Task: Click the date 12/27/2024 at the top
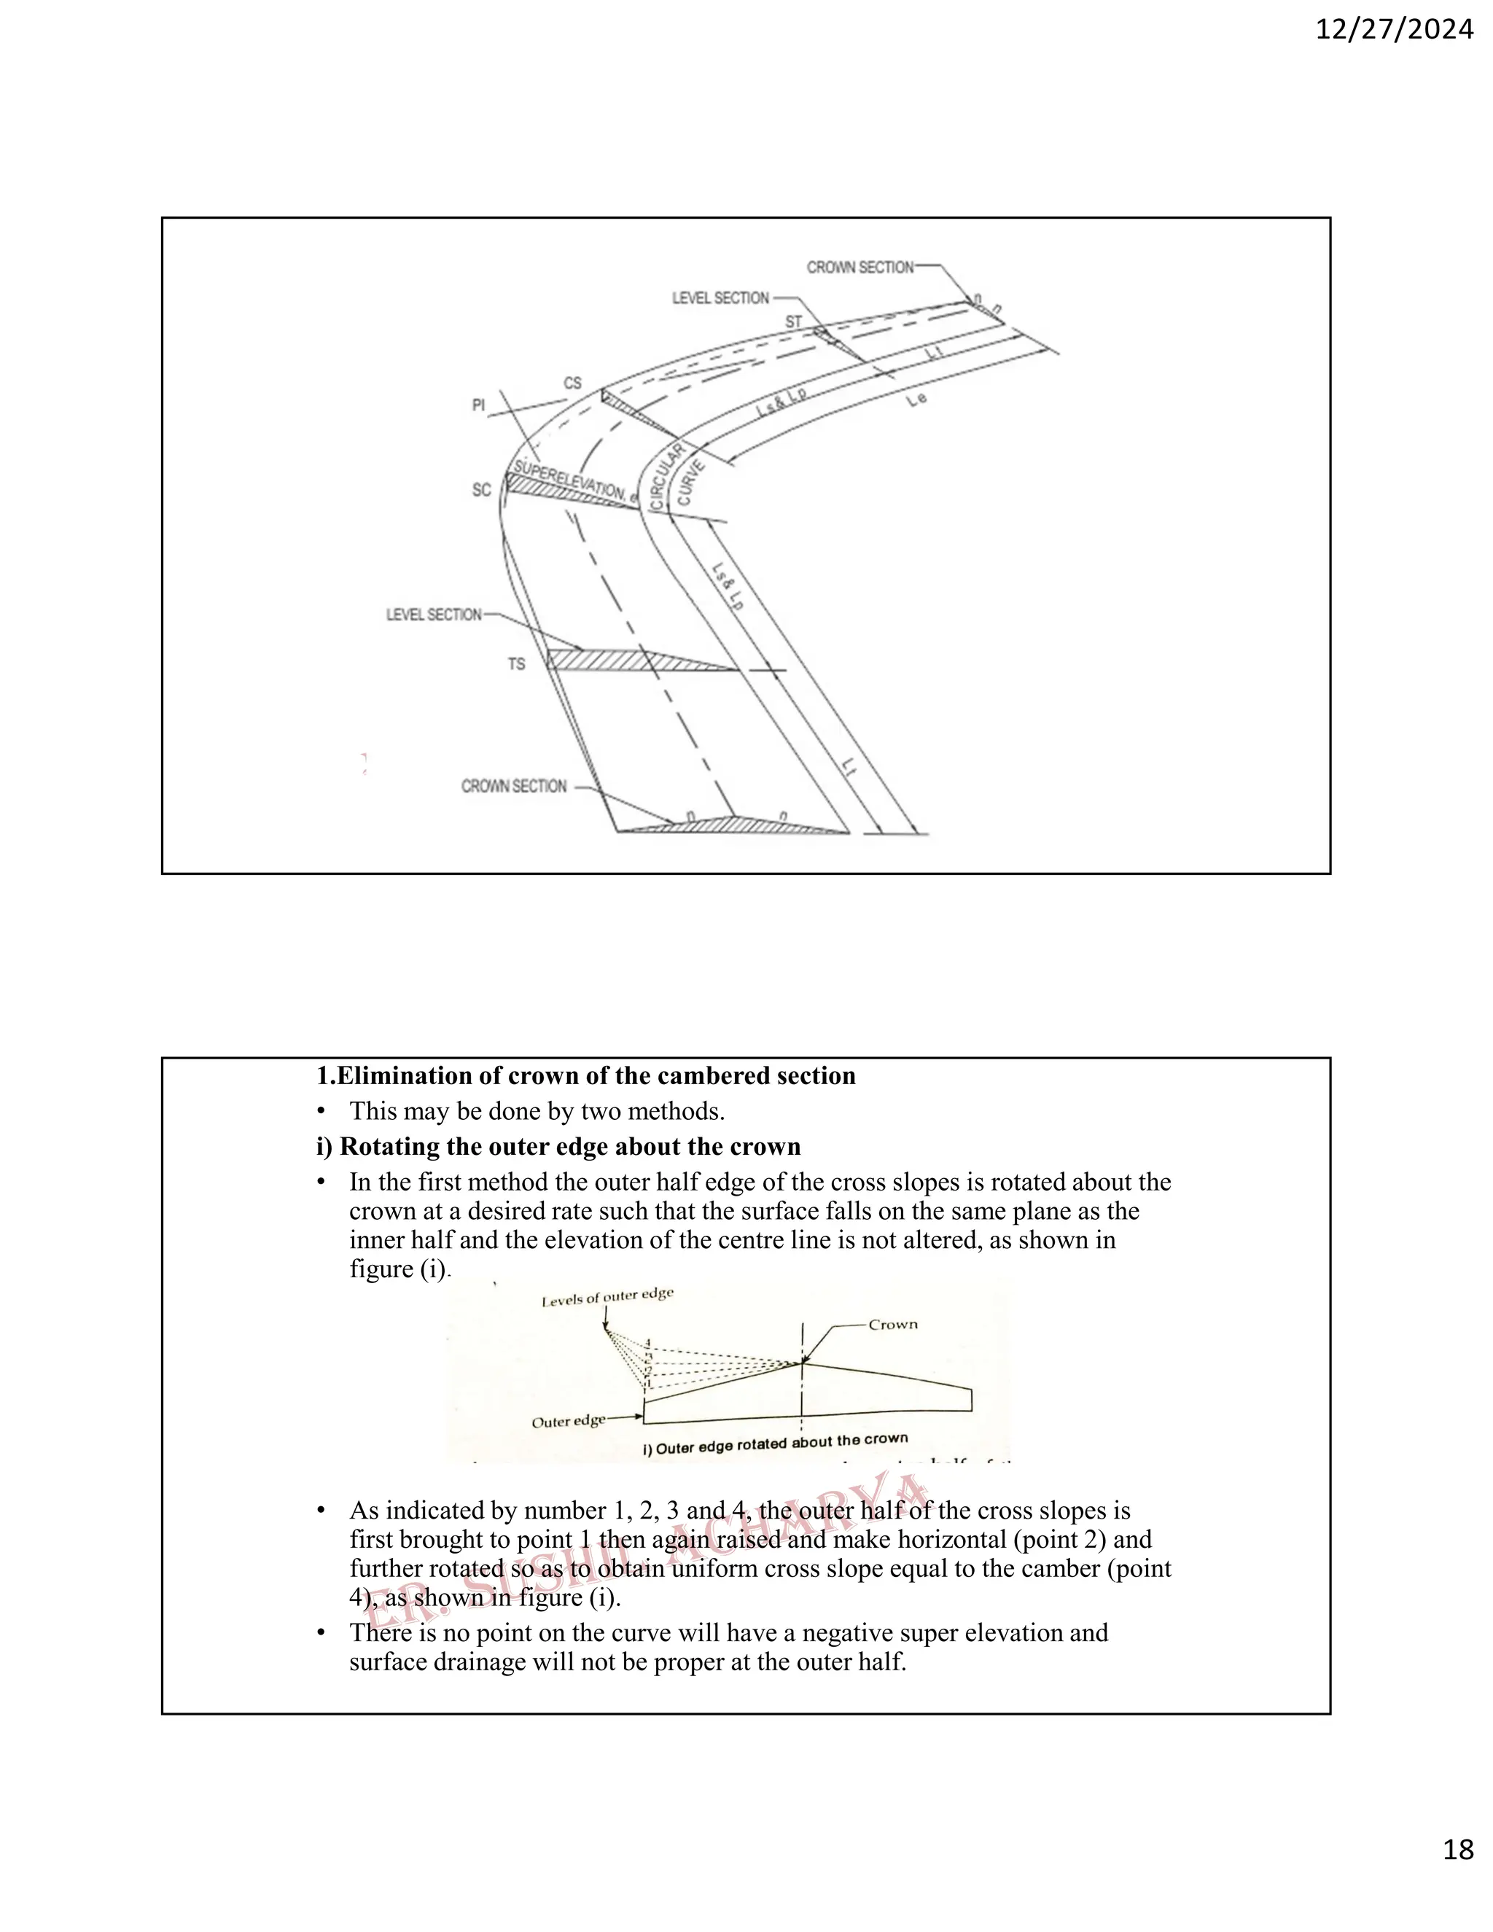click(1394, 30)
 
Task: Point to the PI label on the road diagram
click(478, 405)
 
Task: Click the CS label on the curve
click(573, 383)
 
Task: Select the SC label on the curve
click(481, 489)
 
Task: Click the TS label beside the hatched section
click(517, 663)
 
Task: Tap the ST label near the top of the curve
click(793, 322)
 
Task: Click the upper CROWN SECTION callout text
click(859, 267)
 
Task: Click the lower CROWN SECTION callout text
click(514, 785)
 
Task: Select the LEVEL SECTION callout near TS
click(434, 614)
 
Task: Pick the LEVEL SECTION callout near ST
click(720, 298)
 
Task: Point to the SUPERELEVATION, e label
click(575, 482)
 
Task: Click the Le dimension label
click(917, 400)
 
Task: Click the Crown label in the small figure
click(892, 1324)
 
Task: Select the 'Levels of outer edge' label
click(608, 1296)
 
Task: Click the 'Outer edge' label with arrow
click(568, 1422)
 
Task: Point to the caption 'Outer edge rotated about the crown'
click(775, 1444)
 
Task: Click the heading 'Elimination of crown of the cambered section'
click(586, 1075)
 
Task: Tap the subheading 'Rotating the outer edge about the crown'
click(558, 1147)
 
